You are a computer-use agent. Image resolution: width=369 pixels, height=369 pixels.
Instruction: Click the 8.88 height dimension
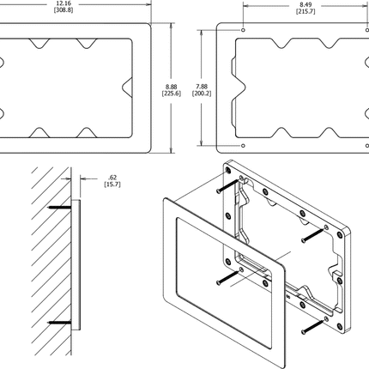(x=173, y=86)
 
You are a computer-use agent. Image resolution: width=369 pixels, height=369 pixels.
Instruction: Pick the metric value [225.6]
(x=173, y=94)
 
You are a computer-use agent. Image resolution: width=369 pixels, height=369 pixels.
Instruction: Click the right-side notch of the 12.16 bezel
(x=126, y=86)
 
